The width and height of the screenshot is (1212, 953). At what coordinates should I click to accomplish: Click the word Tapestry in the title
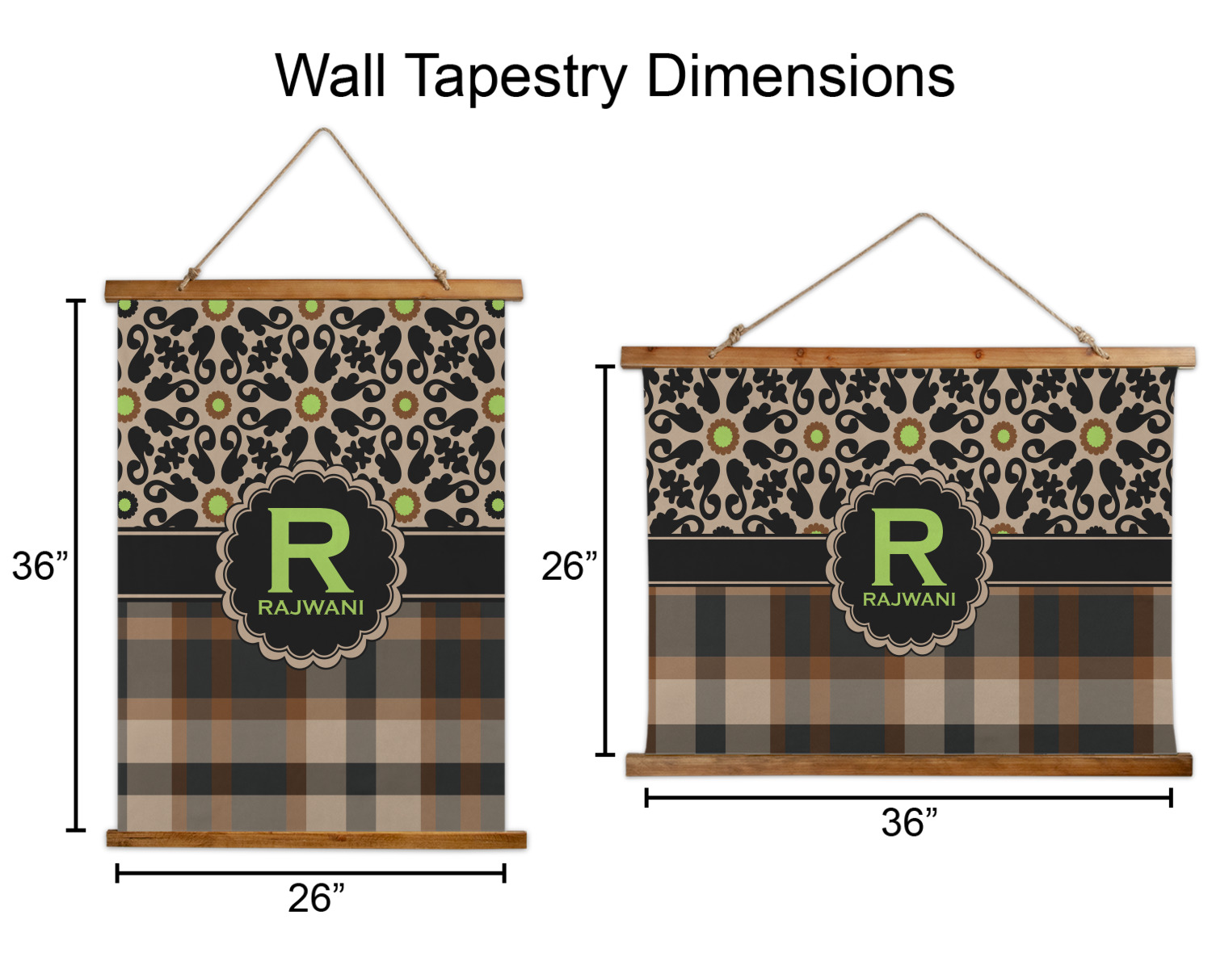click(x=516, y=78)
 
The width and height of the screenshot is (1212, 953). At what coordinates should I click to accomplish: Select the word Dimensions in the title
click(x=800, y=76)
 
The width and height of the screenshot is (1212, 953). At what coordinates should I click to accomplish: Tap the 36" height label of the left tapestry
click(x=40, y=566)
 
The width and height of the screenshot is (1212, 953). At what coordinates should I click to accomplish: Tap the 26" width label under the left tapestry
click(x=316, y=898)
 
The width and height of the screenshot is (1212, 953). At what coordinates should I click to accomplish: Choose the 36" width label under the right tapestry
click(x=909, y=823)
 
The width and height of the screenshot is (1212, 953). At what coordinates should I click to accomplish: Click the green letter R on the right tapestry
click(x=907, y=548)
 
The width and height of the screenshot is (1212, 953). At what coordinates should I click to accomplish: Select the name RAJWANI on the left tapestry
click(x=311, y=607)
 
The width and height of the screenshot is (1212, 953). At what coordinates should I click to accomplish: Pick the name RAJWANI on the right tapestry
click(x=909, y=599)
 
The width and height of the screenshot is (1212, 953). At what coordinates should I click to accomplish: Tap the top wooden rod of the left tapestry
click(x=314, y=291)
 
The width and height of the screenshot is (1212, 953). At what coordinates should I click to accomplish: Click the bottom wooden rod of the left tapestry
click(x=316, y=838)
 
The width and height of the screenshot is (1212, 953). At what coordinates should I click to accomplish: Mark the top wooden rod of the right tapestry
click(x=907, y=357)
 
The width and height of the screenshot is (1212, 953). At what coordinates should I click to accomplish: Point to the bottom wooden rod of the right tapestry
click(x=909, y=764)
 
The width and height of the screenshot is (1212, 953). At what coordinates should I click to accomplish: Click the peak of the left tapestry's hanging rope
click(x=324, y=132)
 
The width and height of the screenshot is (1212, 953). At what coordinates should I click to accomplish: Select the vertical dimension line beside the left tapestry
click(x=76, y=565)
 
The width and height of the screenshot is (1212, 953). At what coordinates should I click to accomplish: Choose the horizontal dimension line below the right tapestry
click(x=908, y=798)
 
